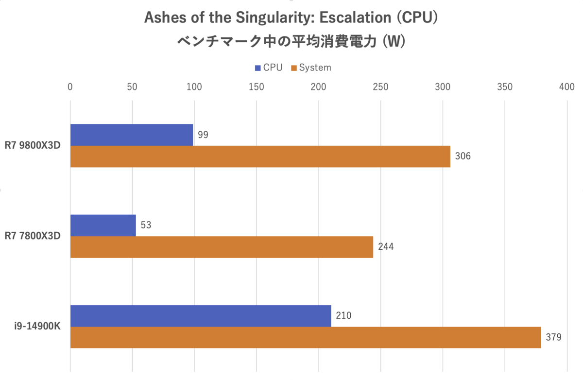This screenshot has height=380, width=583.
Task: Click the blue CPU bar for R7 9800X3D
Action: coord(132,135)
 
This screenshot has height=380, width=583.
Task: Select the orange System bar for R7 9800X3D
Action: coord(260,156)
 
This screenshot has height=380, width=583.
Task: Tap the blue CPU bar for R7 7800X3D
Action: coord(103,225)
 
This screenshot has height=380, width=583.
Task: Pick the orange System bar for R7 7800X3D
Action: coord(222,247)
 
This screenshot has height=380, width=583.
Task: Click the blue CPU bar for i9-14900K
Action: coord(201,316)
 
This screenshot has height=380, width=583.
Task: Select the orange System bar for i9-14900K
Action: coord(306,337)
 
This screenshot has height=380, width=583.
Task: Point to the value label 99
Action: coord(203,135)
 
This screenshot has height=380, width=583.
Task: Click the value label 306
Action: coord(463,156)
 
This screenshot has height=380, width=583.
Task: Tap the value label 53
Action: coord(146,225)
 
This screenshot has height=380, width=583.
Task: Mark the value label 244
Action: coord(386,247)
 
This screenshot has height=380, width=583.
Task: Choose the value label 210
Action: coord(343,316)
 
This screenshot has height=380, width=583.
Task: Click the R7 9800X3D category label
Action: coord(33,146)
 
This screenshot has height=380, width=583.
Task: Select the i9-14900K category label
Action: coord(37,327)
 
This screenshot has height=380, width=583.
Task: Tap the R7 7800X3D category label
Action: coord(33,236)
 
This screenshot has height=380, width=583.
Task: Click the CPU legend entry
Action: coord(268,68)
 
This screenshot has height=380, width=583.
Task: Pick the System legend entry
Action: coord(311,68)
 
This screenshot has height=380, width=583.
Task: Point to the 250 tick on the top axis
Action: coord(380,87)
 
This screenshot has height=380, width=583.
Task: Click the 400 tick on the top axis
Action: coord(566,87)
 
